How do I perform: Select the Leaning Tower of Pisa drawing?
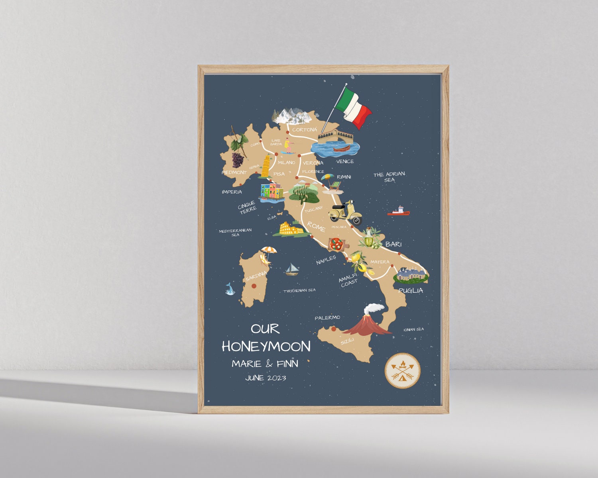point(266,166)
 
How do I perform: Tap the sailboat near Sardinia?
point(292,269)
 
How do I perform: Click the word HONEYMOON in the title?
point(266,347)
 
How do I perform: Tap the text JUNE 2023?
point(266,378)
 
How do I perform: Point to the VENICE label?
point(345,161)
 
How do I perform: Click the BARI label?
point(393,244)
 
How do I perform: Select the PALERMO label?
point(327,317)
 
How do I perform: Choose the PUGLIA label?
point(411,290)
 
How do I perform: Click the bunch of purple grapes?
point(238,160)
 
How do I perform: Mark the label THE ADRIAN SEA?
point(389,177)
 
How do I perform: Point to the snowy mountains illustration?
point(291,115)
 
